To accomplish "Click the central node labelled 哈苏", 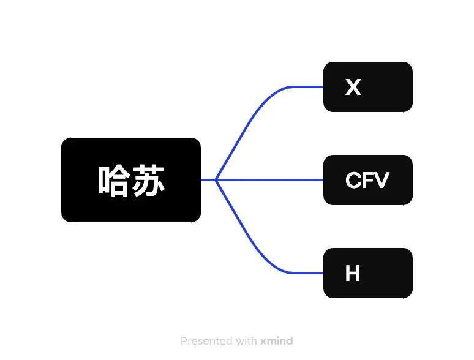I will pos(130,179).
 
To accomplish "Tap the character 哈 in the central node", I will pos(113,181).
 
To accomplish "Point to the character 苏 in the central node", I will pos(149,181).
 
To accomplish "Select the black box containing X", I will pos(367,87).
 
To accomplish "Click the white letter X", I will pos(353,88).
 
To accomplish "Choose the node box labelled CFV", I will pos(367,180).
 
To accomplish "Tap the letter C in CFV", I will pos(353,181).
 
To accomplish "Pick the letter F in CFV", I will pos(367,181).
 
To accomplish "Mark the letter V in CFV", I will pos(381,181).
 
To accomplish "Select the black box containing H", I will pos(367,273).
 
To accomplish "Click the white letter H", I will pos(352,274).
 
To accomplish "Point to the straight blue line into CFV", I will pos(276,180).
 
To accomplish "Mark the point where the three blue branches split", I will pos(216,180).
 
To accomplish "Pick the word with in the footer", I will pos(246,341).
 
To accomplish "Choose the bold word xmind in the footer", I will pos(276,341).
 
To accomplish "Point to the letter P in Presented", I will pos(184,341).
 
